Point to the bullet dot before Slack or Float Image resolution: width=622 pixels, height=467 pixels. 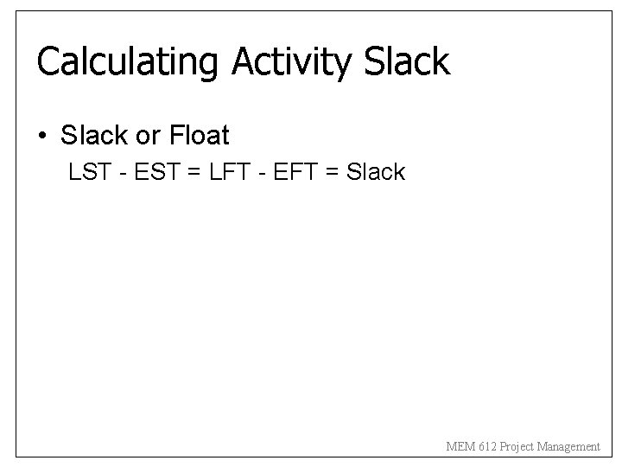pos(41,137)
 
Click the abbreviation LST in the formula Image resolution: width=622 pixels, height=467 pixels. pos(89,172)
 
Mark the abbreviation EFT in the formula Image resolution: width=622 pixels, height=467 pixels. pos(285,172)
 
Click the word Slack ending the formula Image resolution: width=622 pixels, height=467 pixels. pos(375,172)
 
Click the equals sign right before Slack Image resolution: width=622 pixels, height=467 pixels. pos(327,173)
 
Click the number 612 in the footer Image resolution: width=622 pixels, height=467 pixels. pos(487,447)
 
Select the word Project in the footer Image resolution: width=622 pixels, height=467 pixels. pos(517,447)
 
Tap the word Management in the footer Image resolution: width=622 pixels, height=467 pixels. pos(568,447)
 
